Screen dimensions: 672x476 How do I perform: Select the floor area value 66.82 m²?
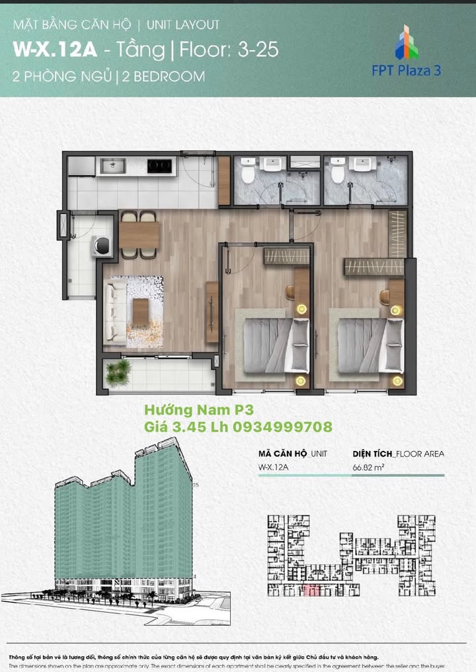click(x=369, y=468)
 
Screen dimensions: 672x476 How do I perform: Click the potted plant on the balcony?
click(x=119, y=372)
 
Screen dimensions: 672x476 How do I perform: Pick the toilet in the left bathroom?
click(x=248, y=171)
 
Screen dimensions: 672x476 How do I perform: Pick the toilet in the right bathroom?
click(x=337, y=171)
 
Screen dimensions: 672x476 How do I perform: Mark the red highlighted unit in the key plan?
click(x=312, y=590)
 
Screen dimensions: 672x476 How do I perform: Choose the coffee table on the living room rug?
click(x=140, y=312)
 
